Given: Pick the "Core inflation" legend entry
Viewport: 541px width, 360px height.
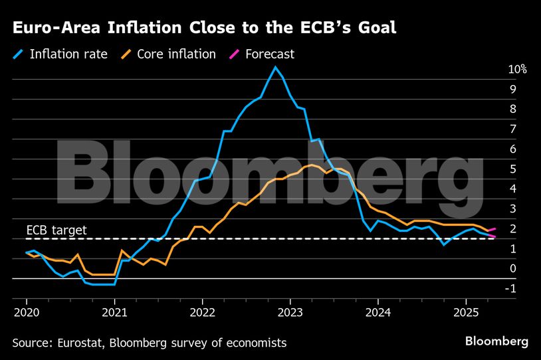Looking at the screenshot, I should (175, 54).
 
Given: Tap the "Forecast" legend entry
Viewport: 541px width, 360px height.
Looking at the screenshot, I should (269, 54).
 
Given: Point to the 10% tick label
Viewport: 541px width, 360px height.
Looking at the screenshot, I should (517, 70).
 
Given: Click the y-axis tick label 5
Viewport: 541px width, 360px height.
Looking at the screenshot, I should (512, 169).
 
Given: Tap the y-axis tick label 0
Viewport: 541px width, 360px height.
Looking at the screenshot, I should (512, 269).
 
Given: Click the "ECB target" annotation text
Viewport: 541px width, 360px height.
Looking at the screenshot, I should (56, 230).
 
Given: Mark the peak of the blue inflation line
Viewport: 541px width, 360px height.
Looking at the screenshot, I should (275, 66).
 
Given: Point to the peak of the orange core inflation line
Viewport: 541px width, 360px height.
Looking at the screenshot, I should (312, 165).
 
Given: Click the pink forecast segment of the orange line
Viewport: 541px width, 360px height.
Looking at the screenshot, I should (491, 230).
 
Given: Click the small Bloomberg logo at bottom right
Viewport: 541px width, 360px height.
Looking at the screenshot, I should (496, 341).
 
